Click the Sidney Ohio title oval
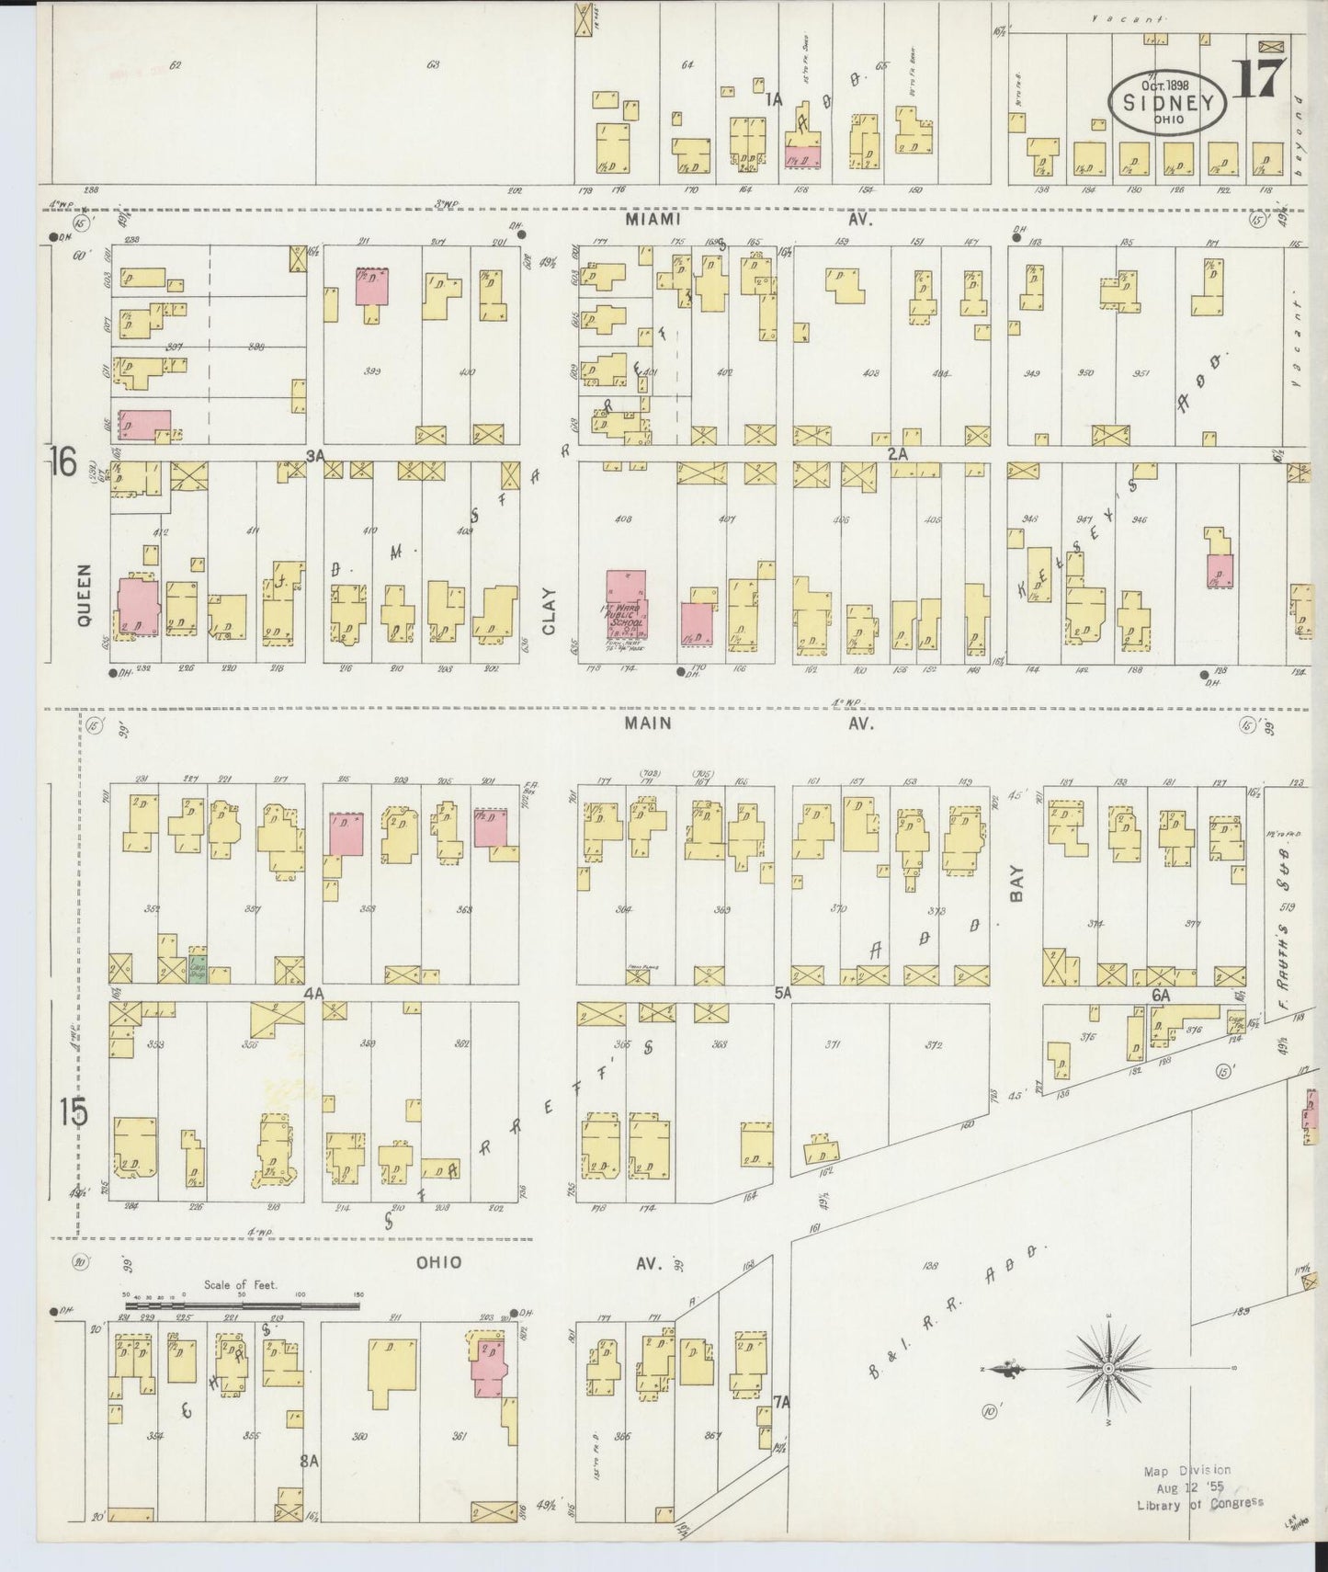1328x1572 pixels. [x=1167, y=103]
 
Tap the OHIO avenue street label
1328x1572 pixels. [x=439, y=1262]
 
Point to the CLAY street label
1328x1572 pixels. [x=550, y=611]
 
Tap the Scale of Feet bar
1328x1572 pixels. [x=241, y=1303]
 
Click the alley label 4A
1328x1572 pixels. [x=314, y=993]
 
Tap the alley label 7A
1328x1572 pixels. [x=781, y=1402]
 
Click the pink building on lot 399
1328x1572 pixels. [x=372, y=288]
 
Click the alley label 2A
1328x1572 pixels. [x=897, y=453]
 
